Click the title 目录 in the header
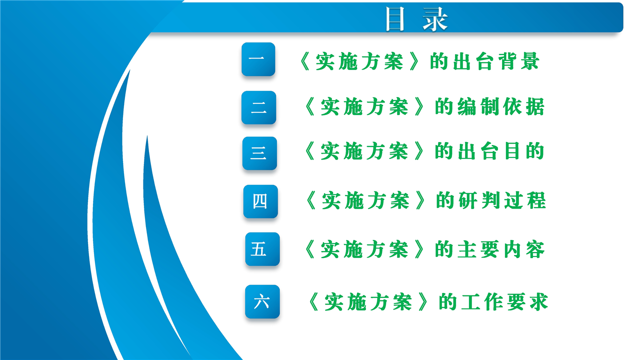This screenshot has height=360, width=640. point(416,19)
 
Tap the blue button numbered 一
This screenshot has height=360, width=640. point(258,59)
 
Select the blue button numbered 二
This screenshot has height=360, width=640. point(258,107)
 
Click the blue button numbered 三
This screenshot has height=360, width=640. point(259,153)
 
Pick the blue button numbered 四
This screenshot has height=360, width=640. point(260,201)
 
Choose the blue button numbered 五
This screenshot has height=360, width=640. point(262,249)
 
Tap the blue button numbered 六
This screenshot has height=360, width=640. point(262,301)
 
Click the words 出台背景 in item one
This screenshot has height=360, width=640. point(496,61)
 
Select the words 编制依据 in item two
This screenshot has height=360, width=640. point(501,106)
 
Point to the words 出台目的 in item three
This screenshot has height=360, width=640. point(501,151)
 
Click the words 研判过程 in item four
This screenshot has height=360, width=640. point(502,200)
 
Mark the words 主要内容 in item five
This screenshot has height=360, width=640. point(501,249)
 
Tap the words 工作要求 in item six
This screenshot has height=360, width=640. point(504,301)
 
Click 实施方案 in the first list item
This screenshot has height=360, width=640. point(359,61)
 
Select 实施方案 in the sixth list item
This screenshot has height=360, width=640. point(368,301)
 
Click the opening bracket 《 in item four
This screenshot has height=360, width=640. point(311,200)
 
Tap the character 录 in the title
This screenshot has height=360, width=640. point(435,19)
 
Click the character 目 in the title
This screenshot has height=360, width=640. point(395,19)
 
